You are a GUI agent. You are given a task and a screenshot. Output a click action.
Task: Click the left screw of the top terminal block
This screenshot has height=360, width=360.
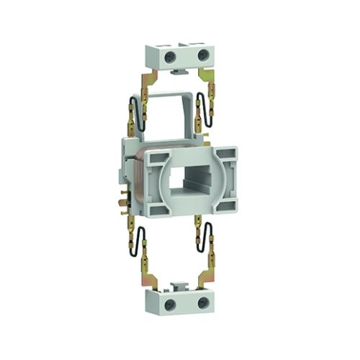pos(171,55)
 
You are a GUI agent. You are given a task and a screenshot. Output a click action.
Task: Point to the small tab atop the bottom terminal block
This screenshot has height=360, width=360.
pos(185,285)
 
